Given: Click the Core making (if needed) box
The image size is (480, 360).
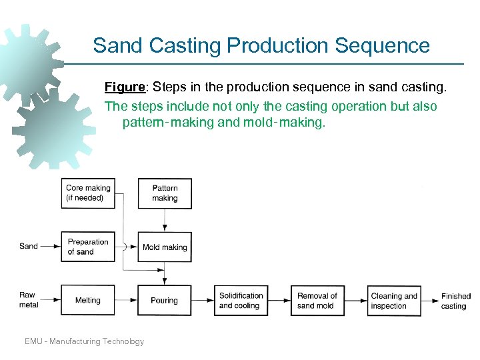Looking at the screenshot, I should click(x=88, y=193).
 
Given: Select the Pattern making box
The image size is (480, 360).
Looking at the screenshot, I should click(x=165, y=193).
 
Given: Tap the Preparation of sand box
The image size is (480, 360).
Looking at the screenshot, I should click(x=88, y=247).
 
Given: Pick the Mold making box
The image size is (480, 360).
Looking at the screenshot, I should click(x=165, y=247).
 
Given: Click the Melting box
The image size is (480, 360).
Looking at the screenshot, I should click(x=88, y=300).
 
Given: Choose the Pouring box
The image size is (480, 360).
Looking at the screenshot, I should click(x=165, y=300).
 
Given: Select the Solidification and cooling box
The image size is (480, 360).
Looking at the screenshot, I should click(x=241, y=300).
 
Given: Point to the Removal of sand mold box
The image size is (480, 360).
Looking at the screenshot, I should click(x=317, y=300).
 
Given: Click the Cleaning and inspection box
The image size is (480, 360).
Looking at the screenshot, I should click(x=394, y=300).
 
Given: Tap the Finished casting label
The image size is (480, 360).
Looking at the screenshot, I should click(x=455, y=301).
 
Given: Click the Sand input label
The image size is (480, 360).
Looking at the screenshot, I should click(x=29, y=246).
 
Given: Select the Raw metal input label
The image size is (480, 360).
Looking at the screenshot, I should click(x=29, y=299).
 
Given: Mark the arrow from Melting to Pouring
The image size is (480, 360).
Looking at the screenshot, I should click(x=126, y=300).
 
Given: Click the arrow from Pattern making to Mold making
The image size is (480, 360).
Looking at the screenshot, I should click(x=165, y=219).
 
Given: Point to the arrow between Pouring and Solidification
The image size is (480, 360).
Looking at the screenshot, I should click(x=203, y=300).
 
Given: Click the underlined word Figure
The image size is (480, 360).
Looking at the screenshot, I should click(x=125, y=87).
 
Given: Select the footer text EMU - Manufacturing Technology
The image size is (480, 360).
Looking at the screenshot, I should click(x=84, y=341).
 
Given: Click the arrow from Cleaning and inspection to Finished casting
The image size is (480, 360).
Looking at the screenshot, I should click(x=429, y=300).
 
